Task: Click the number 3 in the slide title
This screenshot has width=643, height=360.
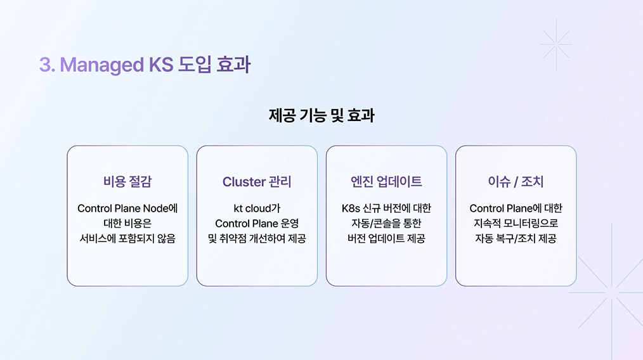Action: [45, 65]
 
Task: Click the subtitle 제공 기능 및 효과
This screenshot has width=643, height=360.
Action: [321, 116]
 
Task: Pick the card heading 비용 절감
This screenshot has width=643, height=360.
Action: [127, 182]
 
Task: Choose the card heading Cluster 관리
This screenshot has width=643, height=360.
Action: [257, 182]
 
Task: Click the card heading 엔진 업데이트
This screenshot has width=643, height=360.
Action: [386, 182]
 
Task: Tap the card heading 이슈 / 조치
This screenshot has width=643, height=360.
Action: [516, 182]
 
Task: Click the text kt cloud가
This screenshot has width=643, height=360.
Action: [257, 209]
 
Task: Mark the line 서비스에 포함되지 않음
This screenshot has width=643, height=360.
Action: [127, 239]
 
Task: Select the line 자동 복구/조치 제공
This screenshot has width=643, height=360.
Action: [516, 239]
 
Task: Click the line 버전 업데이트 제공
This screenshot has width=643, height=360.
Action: [386, 239]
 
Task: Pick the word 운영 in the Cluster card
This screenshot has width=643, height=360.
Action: [289, 224]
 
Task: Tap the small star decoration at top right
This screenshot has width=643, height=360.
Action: [556, 44]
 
